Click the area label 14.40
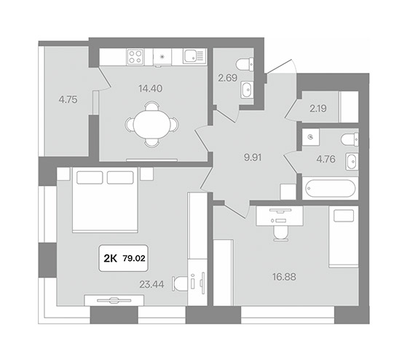coord(151,89)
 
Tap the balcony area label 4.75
coord(68,100)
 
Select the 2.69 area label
coord(228,78)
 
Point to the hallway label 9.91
coord(253,157)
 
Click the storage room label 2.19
coord(318,109)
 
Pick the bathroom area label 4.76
coord(325,159)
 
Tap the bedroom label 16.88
coord(284,277)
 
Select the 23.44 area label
coord(151,284)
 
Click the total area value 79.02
coord(134,259)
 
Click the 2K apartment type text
coord(111,259)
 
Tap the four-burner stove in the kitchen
coord(135,57)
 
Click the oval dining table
coord(152,125)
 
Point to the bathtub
coord(330,189)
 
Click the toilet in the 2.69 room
coord(245,64)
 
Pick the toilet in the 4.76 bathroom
coord(349,139)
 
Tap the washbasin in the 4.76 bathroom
coord(352,162)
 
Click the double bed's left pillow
coord(90,178)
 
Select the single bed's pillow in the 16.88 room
coord(344,216)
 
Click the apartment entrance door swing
coord(282,66)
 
